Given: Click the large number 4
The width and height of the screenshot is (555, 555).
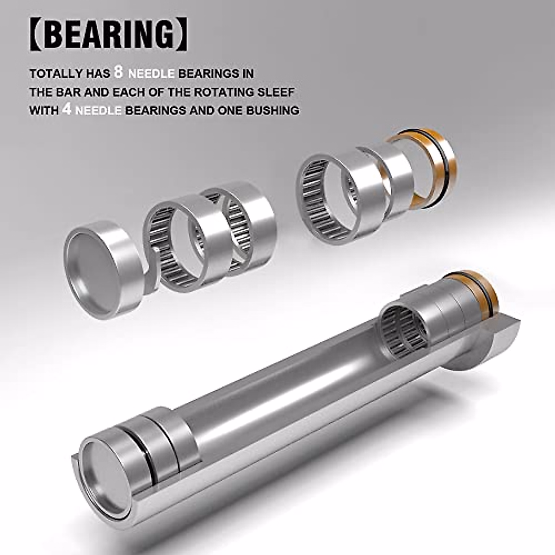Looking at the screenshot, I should click(66, 111).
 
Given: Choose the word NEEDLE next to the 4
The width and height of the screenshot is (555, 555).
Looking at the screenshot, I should click(97, 111).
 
